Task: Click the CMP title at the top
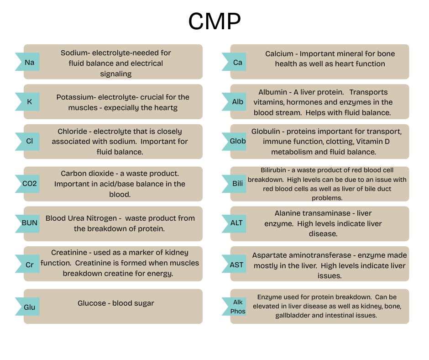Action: point(214,21)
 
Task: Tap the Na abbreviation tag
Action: point(29,62)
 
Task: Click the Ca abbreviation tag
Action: point(237,62)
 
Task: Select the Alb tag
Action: point(237,102)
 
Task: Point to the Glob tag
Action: point(237,141)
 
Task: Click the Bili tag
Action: point(237,184)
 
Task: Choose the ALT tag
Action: point(237,223)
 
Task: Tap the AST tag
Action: point(237,265)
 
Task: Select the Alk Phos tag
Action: point(237,307)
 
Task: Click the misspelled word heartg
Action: point(166,108)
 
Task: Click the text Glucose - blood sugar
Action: point(116,303)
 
